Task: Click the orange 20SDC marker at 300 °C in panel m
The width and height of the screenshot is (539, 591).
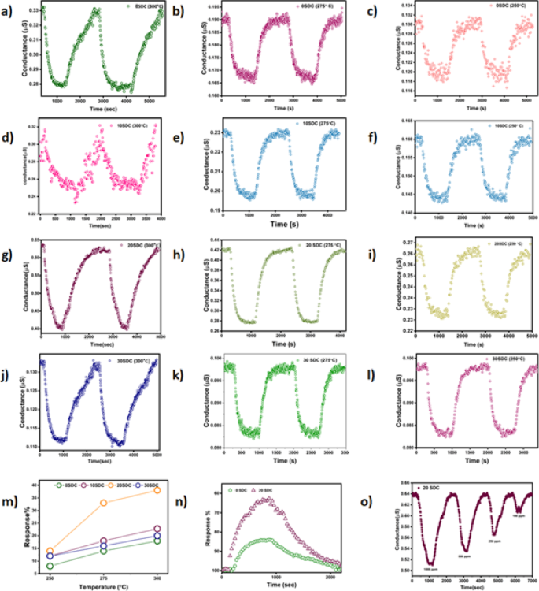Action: point(157,490)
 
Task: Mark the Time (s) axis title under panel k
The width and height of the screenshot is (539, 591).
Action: point(287,460)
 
